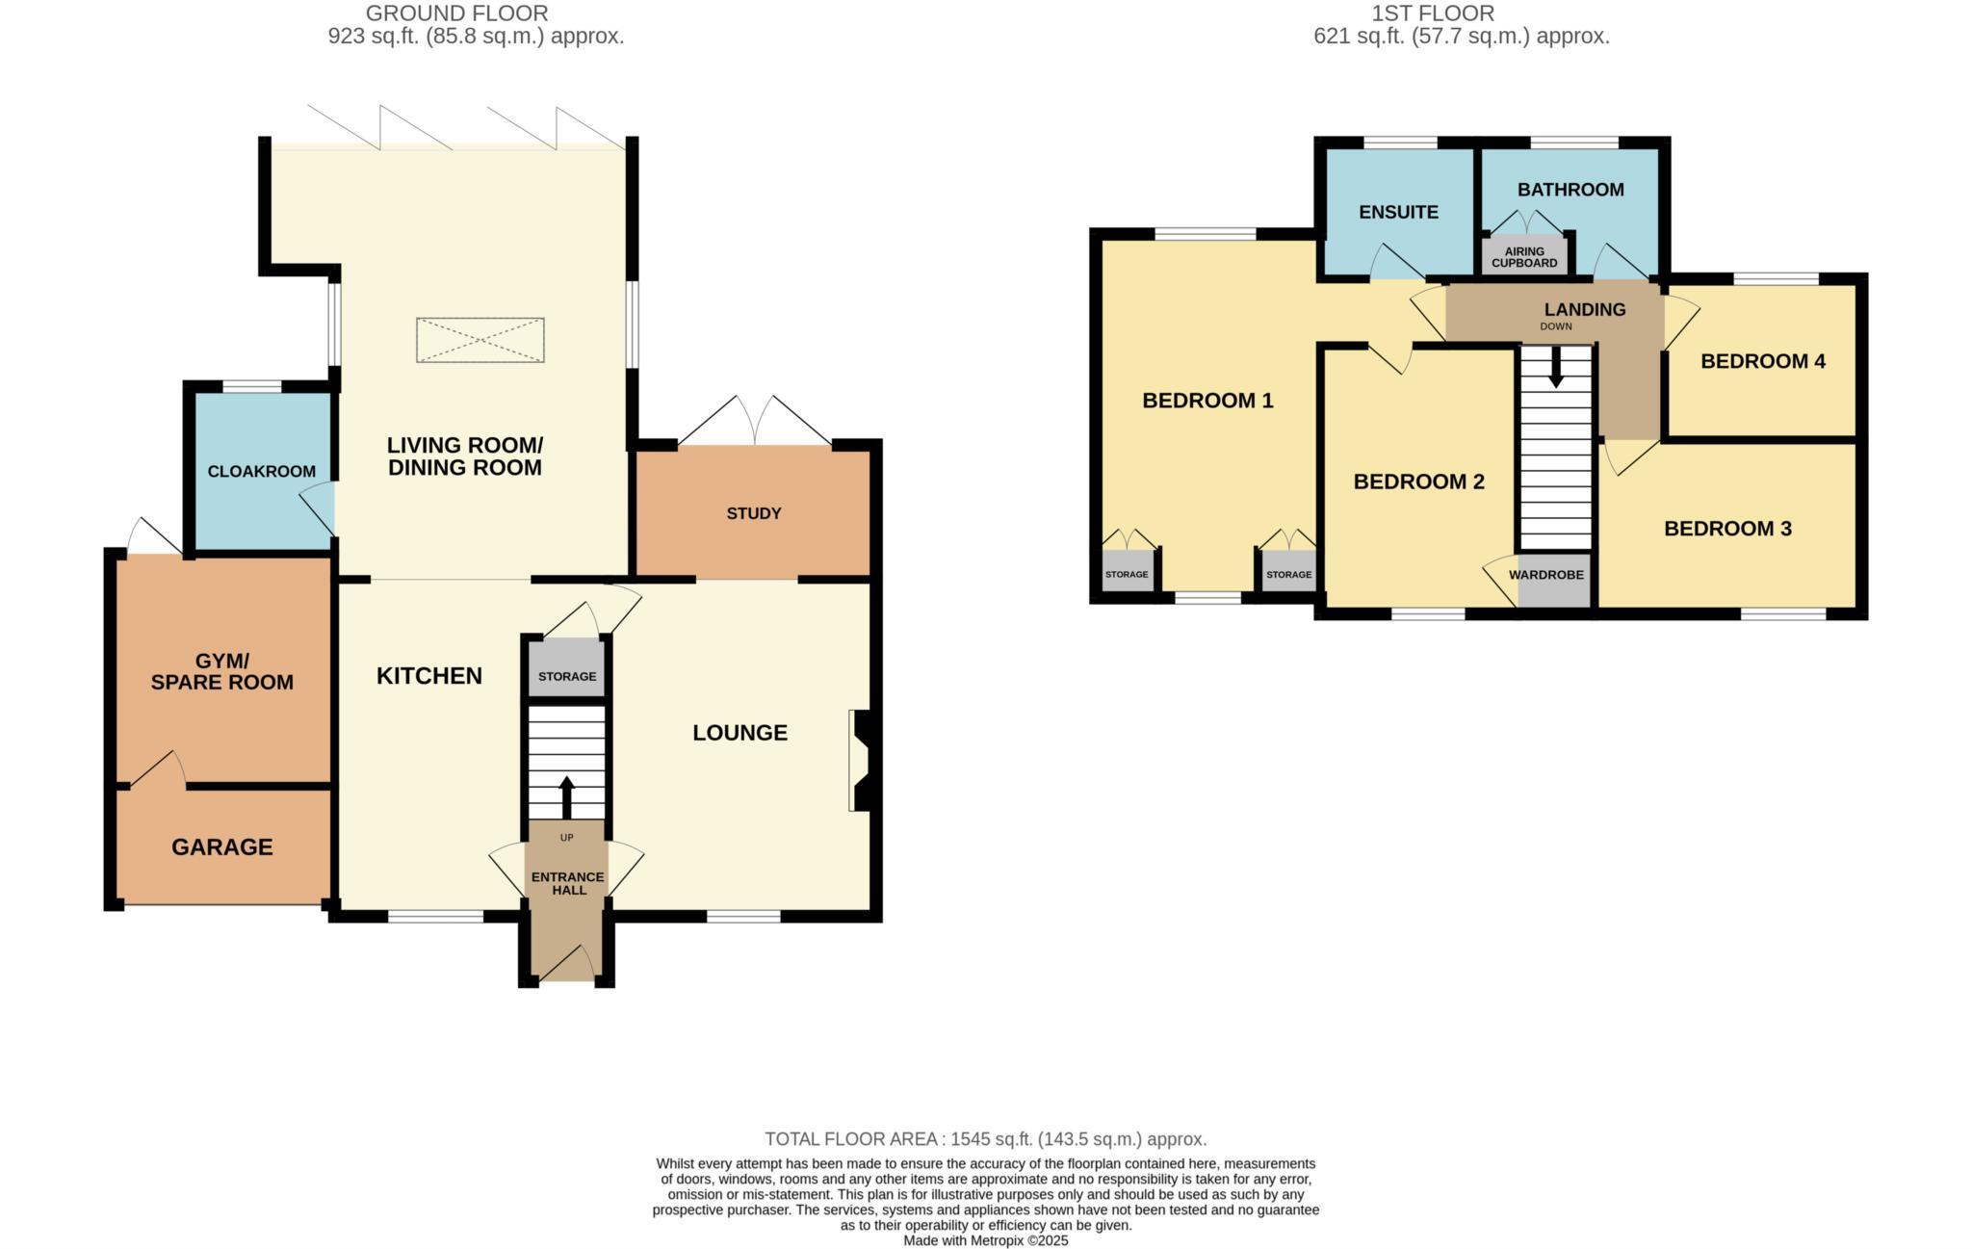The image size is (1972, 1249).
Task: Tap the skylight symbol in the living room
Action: (x=480, y=340)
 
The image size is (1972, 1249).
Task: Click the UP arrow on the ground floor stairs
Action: (x=566, y=796)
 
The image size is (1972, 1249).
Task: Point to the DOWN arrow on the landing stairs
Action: (x=1555, y=368)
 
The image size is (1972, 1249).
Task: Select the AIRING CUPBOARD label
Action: (x=1523, y=257)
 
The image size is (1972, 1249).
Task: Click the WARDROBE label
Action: (x=1545, y=575)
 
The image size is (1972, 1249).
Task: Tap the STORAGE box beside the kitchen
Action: (x=566, y=675)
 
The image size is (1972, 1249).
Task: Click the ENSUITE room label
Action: (x=1398, y=212)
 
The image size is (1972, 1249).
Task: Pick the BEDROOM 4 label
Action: (x=1762, y=361)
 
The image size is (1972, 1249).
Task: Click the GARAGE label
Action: (x=222, y=846)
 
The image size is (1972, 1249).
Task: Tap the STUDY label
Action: (x=753, y=513)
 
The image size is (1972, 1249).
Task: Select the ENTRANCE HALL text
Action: (x=567, y=883)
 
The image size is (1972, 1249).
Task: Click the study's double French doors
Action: (x=756, y=422)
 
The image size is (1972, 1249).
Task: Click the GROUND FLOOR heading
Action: (x=456, y=13)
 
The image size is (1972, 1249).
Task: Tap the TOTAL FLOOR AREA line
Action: (x=985, y=1139)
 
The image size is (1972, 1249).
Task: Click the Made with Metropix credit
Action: (x=985, y=1240)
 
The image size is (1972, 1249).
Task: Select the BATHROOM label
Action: (x=1570, y=190)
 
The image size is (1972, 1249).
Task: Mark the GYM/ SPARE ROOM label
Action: (x=221, y=672)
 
